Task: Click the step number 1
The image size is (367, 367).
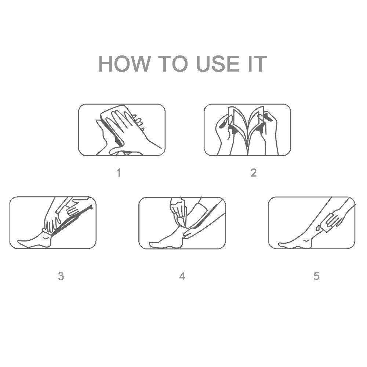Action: coord(119,173)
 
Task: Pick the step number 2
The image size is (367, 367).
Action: coord(254,173)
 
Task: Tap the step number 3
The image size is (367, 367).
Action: coord(61,276)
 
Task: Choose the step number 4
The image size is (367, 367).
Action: coord(182,276)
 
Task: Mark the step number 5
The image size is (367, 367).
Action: coord(316,276)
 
